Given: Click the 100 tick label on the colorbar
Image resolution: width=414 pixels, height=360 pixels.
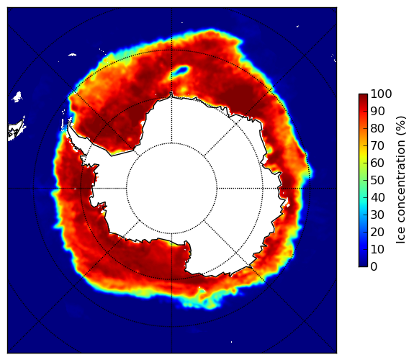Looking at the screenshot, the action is pyautogui.click(x=381, y=94).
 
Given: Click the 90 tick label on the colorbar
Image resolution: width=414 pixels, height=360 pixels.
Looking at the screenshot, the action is pyautogui.click(x=377, y=111).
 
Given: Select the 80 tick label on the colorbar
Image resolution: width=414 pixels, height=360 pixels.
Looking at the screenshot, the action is pyautogui.click(x=377, y=129).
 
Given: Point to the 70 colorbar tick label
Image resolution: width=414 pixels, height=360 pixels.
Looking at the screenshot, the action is pyautogui.click(x=377, y=145).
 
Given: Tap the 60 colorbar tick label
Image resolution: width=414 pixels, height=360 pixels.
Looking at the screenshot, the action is pyautogui.click(x=377, y=163).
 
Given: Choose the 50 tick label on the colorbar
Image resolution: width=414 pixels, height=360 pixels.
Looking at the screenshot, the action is pyautogui.click(x=377, y=181).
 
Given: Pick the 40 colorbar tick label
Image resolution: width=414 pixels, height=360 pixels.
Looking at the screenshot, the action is pyautogui.click(x=377, y=197).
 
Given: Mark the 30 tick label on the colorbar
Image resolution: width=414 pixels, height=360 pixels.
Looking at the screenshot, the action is pyautogui.click(x=377, y=215).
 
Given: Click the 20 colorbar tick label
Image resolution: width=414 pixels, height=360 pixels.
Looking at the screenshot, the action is pyautogui.click(x=377, y=232).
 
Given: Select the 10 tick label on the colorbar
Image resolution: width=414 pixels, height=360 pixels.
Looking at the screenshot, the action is pyautogui.click(x=377, y=249).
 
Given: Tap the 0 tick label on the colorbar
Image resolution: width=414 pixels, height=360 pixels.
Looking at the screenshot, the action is pyautogui.click(x=374, y=267).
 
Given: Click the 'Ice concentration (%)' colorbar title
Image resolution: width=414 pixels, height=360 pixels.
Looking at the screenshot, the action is pyautogui.click(x=401, y=180).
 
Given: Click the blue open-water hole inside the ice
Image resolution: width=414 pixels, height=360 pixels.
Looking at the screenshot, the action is pyautogui.click(x=181, y=71).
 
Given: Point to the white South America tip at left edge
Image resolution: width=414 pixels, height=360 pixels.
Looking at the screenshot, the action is pyautogui.click(x=17, y=129).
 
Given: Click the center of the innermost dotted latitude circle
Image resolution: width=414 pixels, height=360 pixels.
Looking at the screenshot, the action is pyautogui.click(x=171, y=188).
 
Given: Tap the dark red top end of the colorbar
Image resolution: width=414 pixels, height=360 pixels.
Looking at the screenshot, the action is pyautogui.click(x=363, y=96).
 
